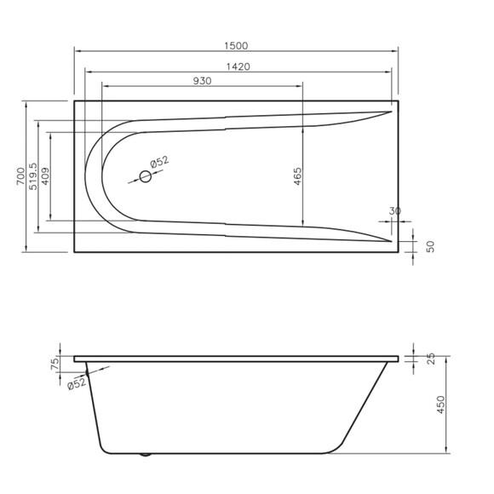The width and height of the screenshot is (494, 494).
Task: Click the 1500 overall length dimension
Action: point(236,45)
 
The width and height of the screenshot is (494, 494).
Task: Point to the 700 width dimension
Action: point(20,177)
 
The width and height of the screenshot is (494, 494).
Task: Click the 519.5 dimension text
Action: point(34,177)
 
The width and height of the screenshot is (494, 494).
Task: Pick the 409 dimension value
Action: point(45,177)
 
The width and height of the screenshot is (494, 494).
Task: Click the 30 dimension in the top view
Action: point(394,211)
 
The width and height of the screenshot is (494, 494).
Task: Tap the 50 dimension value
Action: point(430,246)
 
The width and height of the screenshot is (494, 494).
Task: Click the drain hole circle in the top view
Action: point(145,176)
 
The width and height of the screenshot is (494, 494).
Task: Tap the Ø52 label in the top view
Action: point(159,162)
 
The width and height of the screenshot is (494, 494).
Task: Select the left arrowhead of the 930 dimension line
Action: point(104,86)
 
